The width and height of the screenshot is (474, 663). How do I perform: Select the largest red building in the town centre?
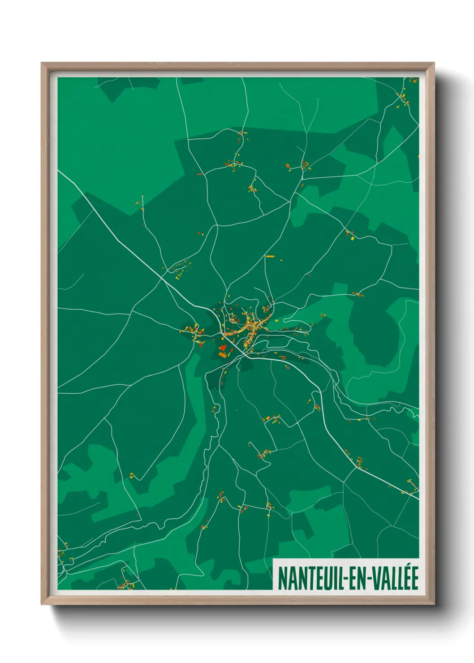223,348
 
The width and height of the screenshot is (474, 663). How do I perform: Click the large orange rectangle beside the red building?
222,355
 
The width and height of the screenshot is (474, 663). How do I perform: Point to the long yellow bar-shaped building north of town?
270,257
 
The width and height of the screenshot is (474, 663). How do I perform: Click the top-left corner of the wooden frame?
42,64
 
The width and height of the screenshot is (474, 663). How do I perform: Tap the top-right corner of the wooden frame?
433,64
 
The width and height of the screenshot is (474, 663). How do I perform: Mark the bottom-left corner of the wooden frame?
42,603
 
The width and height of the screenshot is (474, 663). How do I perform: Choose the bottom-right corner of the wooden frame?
433,603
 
